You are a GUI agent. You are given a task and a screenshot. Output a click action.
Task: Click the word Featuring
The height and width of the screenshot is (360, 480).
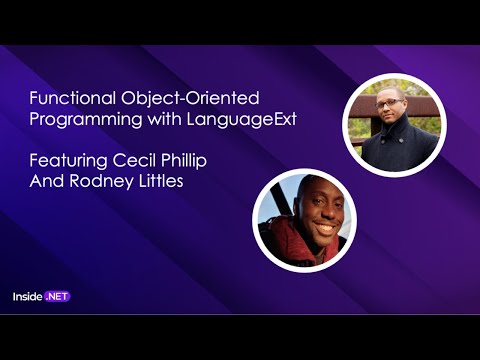pyautogui.click(x=64, y=160)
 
